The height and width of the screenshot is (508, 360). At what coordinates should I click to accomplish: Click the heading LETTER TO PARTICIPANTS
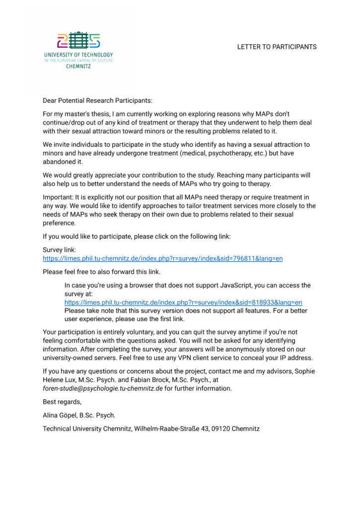pyautogui.click(x=277, y=47)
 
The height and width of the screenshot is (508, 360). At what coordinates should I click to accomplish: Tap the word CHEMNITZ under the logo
pyautogui.click(x=78, y=66)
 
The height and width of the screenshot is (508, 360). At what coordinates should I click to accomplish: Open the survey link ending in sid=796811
pyautogui.click(x=162, y=258)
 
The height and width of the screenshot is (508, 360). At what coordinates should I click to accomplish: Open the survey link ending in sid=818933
pyautogui.click(x=183, y=302)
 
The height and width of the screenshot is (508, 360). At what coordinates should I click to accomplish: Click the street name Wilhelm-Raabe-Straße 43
pyautogui.click(x=170, y=428)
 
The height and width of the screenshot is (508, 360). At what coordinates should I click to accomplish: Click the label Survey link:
pyautogui.click(x=59, y=250)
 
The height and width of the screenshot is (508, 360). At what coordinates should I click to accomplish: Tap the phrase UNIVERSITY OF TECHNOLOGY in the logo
pyautogui.click(x=78, y=55)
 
